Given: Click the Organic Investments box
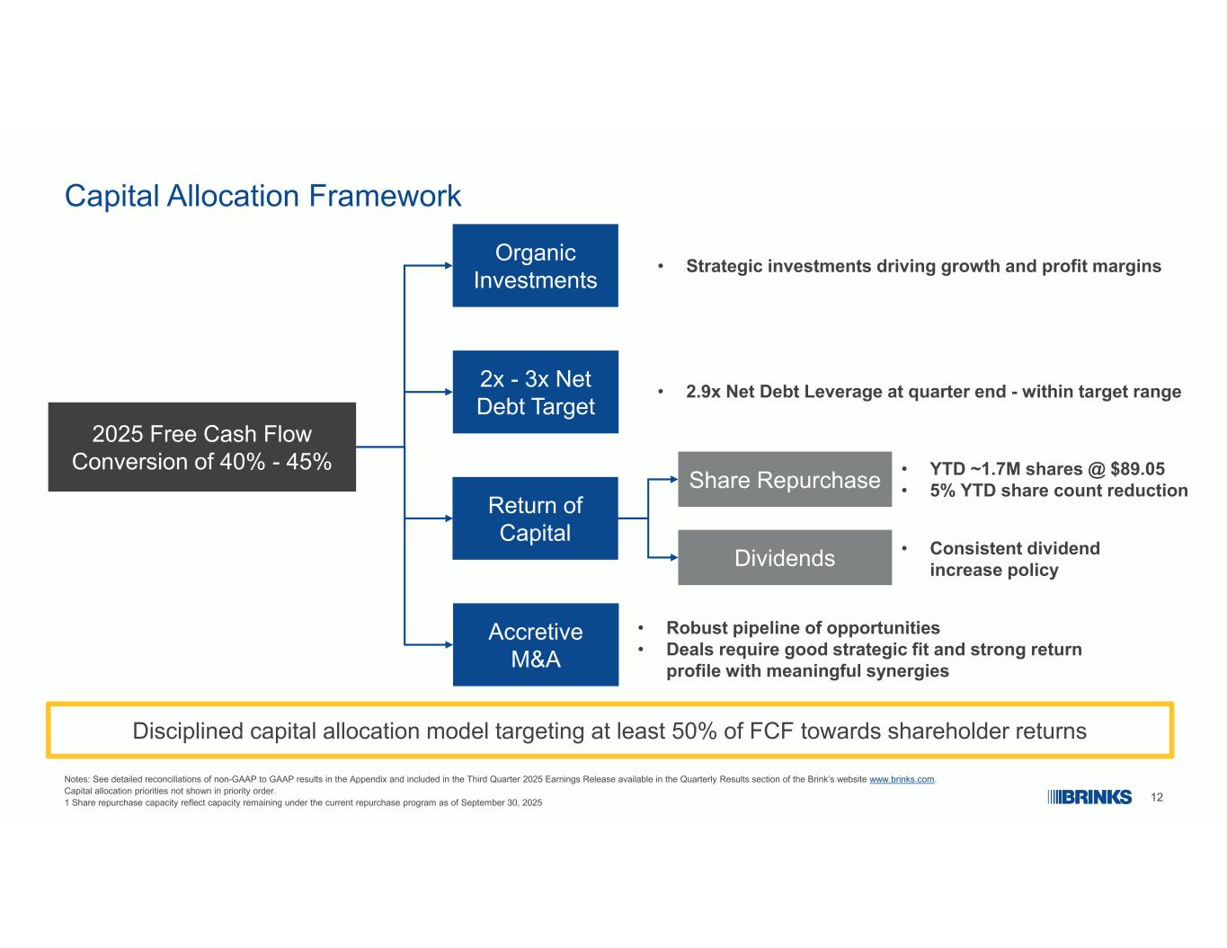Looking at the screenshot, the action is [x=535, y=265].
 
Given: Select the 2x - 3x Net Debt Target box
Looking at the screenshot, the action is [x=535, y=392].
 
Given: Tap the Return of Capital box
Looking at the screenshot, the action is [x=535, y=518].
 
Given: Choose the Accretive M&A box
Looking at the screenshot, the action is [x=535, y=644].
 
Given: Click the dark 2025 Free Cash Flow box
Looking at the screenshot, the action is [x=201, y=447].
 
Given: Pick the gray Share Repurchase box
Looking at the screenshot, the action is [x=785, y=479].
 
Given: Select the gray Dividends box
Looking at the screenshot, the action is [x=785, y=557].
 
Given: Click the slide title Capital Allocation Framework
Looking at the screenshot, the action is [x=262, y=196].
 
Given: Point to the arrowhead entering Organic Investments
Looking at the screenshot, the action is [x=449, y=265].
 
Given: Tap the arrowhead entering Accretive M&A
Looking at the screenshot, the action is [x=449, y=644].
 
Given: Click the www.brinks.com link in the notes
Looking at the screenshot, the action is [x=902, y=779].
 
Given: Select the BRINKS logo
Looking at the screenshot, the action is [x=1089, y=797].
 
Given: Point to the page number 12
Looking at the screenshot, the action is [x=1156, y=797].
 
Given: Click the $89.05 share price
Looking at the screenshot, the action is [x=1137, y=469].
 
